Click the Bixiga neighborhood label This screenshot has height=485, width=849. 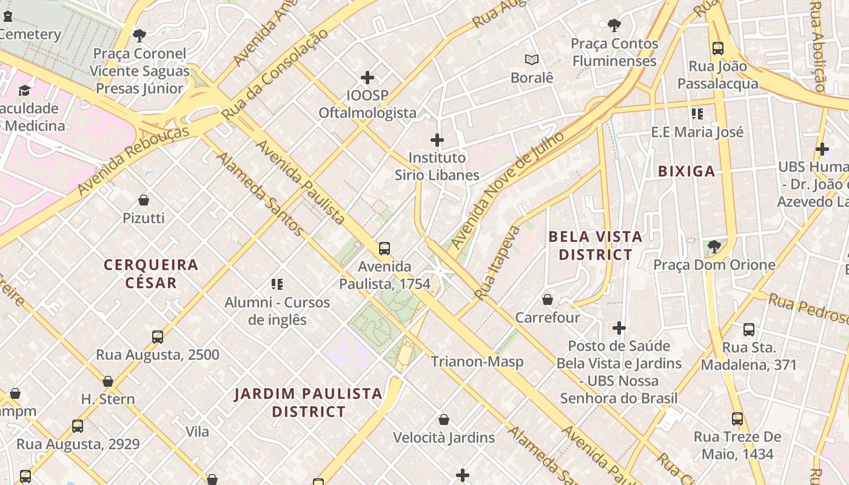point(686,172)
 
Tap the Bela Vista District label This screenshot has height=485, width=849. point(595,246)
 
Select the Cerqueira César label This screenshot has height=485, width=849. point(151,273)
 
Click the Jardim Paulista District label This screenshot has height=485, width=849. point(308,403)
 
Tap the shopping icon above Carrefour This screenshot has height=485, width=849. point(548,299)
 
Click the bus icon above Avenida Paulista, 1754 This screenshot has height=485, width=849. point(384,248)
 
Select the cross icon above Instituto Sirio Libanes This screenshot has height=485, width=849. point(437,140)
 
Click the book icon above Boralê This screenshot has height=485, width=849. point(532,59)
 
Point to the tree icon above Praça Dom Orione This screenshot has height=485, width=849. point(714,246)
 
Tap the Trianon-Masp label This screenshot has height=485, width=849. point(477,362)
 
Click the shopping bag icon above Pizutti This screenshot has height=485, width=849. point(144,199)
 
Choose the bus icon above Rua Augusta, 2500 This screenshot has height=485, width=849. point(158,336)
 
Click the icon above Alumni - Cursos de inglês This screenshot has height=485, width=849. point(277,284)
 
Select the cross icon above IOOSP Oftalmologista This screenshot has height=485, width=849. point(367,78)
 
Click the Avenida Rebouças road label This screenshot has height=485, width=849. point(133,161)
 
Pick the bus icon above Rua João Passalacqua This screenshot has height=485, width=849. point(718,48)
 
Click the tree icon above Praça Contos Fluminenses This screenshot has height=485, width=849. point(614,25)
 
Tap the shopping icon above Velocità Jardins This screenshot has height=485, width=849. point(444,420)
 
